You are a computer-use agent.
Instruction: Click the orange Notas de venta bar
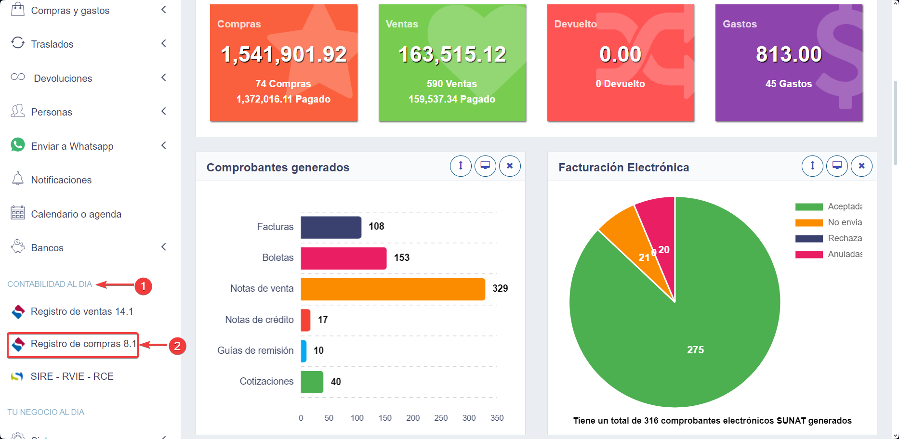coord(393,289)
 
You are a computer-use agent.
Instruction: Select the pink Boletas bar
coord(344,258)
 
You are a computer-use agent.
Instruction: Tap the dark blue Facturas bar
coord(331,227)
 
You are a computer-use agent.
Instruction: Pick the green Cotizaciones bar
coord(312,382)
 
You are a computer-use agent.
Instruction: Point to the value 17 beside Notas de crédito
coord(323,320)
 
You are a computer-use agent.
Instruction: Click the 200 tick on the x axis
coord(413,418)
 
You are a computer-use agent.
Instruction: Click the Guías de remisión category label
coord(255,350)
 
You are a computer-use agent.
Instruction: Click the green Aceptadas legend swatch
coord(809,207)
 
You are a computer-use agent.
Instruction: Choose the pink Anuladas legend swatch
coord(809,254)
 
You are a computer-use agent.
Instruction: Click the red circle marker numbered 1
coord(143,286)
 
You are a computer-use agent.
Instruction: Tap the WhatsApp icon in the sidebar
coord(18,145)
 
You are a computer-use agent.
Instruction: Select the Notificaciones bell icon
coord(18,179)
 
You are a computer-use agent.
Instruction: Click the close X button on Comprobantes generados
coord(510,166)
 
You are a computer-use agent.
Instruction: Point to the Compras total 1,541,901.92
coord(283,54)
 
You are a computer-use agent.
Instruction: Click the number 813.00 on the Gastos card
coord(789,54)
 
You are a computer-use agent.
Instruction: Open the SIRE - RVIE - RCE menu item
coord(72,376)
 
